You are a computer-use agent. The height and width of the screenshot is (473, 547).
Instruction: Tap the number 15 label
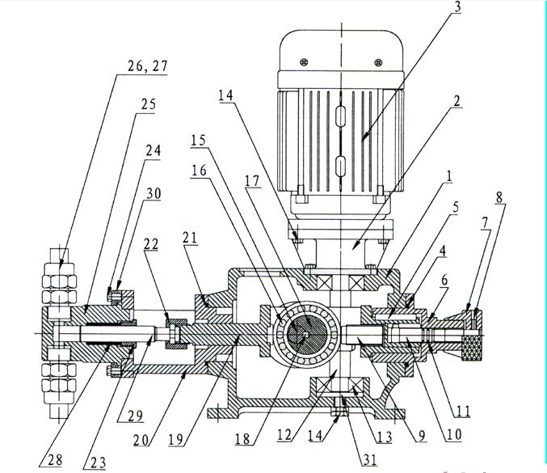coord(199,140)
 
